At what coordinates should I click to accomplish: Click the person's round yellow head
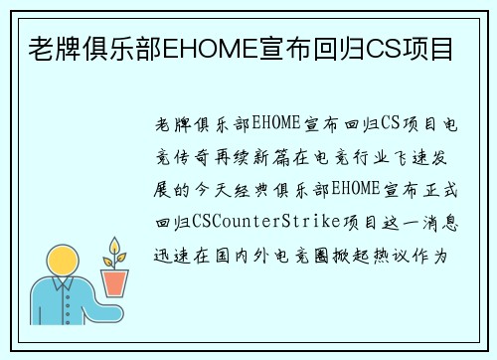pyautogui.click(x=63, y=263)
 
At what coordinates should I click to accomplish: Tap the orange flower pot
pyautogui.click(x=116, y=282)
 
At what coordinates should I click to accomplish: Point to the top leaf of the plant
pyautogui.click(x=115, y=245)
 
